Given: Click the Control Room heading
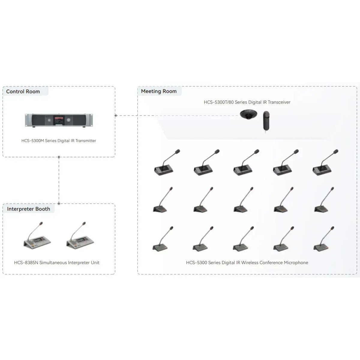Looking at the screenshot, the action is pos(23,91).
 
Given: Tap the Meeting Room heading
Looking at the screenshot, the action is pos(159,91).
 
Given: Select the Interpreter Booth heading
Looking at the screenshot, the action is pos(28,209).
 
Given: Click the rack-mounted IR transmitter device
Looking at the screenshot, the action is pos(59,120).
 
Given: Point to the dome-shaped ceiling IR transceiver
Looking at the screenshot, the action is pos(248,114).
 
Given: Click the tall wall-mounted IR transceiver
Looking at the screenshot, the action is pos(266,121).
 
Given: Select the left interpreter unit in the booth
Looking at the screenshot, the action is pos(37,235).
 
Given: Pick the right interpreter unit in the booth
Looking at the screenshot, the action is pos(80,235).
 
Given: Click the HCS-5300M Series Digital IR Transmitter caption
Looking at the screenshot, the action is pos(59,141).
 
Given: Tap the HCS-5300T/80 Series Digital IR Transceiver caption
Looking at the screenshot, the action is pos(247,102).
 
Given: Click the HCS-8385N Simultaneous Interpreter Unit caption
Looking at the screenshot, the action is pos(57,263).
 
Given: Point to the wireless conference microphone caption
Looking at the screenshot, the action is pos(247,263).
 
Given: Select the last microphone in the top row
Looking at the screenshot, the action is pos(325,163).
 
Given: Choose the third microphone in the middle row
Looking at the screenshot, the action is pos(243,200).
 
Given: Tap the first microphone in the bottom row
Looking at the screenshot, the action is pos(163,239).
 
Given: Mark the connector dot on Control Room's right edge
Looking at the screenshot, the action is pos(115,115).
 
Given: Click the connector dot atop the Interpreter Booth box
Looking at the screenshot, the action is pos(59,203).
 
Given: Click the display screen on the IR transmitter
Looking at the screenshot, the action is pos(59,120).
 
